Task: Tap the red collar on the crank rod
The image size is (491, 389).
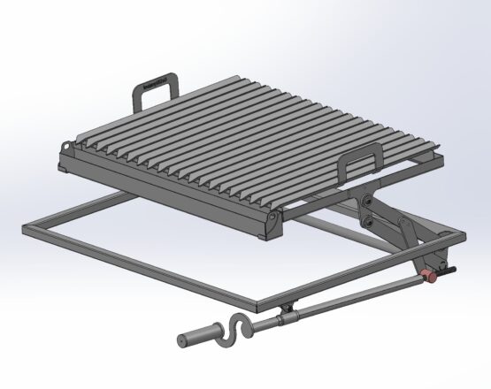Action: [x=431, y=276]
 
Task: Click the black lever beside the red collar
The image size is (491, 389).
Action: [x=449, y=270]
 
